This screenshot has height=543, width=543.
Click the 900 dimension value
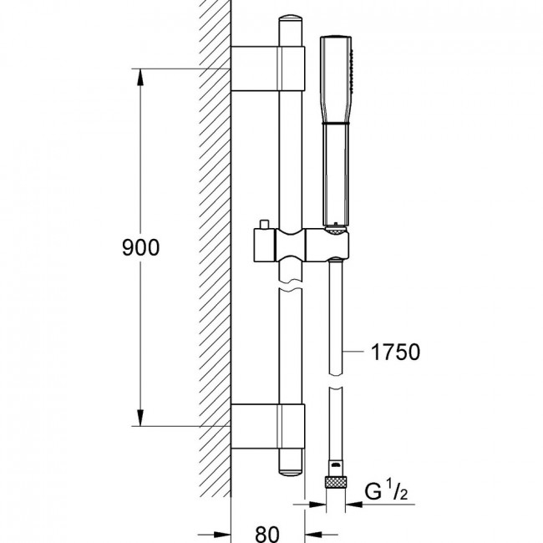click(140, 247)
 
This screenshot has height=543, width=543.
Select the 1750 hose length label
click(395, 352)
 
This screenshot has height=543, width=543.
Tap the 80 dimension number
click(267, 535)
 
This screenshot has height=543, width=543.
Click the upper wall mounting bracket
click(267, 69)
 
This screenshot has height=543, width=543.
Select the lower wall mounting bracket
click(267, 426)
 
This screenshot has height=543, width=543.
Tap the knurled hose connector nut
click(336, 482)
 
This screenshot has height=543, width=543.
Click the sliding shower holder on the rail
click(302, 245)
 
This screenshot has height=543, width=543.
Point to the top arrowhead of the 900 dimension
click(140, 77)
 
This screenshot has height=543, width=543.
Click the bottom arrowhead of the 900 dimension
click(140, 418)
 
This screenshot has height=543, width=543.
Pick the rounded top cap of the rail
click(291, 19)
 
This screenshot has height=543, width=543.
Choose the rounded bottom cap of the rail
click(291, 472)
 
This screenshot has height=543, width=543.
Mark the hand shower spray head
click(336, 79)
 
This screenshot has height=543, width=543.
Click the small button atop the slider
click(265, 224)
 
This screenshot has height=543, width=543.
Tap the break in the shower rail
click(290, 284)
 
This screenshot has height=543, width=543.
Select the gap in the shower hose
click(335, 381)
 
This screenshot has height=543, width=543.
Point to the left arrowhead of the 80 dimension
click(223, 535)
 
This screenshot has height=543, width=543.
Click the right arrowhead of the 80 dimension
click(313, 535)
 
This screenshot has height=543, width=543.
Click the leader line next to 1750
click(353, 352)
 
